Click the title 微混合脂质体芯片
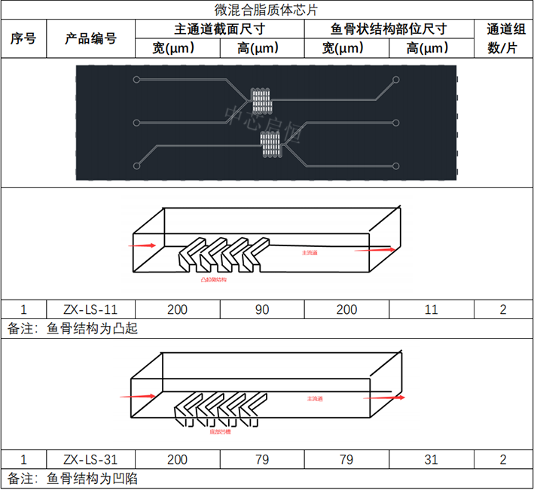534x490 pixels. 267,10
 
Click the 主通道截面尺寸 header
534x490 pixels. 220,29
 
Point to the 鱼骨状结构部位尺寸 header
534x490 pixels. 389,29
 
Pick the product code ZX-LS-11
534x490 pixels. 90,309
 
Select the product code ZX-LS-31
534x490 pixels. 90,459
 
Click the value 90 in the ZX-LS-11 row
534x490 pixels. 262,309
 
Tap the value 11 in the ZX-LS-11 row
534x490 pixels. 432,309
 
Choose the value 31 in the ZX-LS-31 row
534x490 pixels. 432,459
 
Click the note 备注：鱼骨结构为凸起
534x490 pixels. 73,328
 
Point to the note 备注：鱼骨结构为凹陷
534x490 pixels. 73,478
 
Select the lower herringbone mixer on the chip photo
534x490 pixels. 270,142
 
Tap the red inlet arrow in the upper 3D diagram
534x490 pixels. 143,245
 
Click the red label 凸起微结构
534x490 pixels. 213,279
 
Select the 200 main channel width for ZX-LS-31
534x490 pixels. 177,459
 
